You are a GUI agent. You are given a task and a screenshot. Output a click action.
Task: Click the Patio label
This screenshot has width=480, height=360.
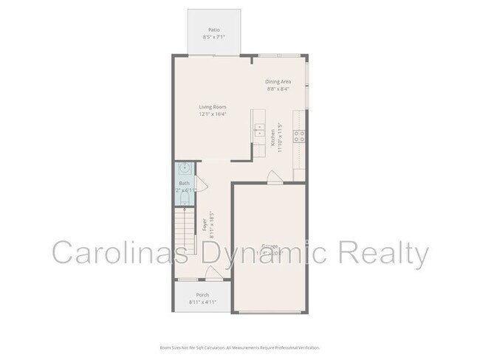click(x=213, y=30)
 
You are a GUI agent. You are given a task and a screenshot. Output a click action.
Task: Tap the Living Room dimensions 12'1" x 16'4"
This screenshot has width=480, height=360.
click(x=212, y=114)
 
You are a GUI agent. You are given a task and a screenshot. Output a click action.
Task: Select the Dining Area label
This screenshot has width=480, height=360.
click(x=278, y=81)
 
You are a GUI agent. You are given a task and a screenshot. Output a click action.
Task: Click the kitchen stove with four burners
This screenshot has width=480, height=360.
click(x=301, y=135)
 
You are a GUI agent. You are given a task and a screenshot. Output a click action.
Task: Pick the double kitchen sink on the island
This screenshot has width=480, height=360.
click(x=259, y=131)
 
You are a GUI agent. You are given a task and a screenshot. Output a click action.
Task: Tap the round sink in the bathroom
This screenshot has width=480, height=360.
click(x=185, y=167)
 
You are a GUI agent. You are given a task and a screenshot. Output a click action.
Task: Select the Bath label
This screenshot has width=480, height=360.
click(x=184, y=184)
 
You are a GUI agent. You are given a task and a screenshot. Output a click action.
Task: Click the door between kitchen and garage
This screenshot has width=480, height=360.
click(x=274, y=177)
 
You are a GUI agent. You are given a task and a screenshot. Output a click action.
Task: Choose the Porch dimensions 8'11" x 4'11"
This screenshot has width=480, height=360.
click(x=202, y=302)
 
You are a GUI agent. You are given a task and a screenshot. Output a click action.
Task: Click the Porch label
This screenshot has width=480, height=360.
click(x=202, y=295)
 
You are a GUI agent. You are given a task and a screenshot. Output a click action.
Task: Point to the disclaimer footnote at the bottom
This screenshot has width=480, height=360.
click(x=239, y=347)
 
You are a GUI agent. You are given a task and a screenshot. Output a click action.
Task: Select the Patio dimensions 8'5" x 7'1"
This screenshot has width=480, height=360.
click(x=213, y=37)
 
